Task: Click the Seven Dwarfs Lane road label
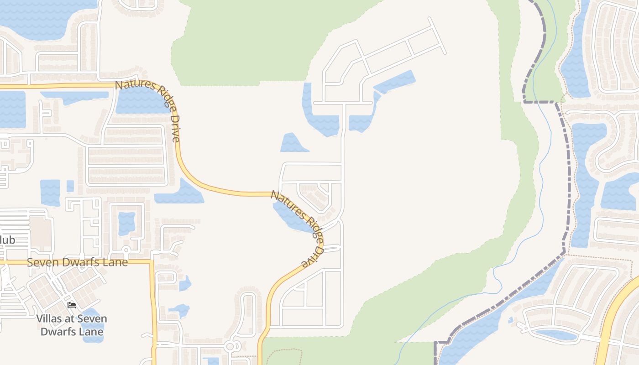[77, 262]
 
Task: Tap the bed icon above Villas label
[72, 305]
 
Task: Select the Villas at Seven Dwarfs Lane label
[72, 325]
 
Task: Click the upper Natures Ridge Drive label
[148, 109]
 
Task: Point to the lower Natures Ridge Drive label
[297, 228]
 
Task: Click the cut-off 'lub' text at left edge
[8, 240]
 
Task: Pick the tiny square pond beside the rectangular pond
[70, 186]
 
